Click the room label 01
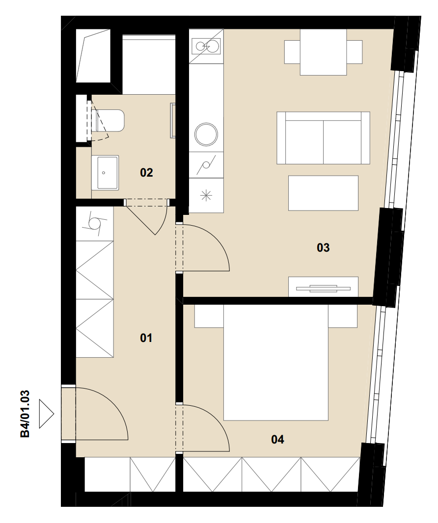(146, 338)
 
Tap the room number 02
(146, 172)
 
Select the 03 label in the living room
(323, 247)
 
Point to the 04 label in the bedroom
(277, 440)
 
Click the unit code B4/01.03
(26, 414)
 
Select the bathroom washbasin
(105, 172)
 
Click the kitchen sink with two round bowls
(206, 46)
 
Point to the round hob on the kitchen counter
(206, 134)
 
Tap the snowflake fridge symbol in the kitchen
(206, 195)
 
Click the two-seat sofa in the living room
(323, 138)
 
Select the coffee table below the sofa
(323, 193)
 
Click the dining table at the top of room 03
(323, 52)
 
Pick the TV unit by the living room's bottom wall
(323, 287)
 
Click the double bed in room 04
(276, 363)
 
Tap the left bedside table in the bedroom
(209, 316)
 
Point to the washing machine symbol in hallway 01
(95, 223)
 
